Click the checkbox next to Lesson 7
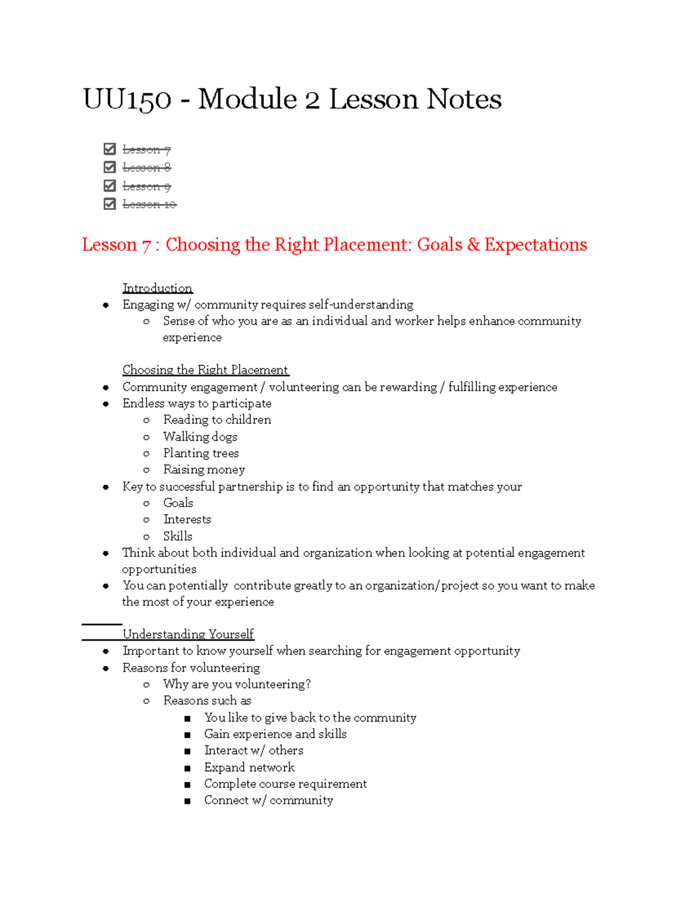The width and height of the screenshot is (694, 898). click(109, 149)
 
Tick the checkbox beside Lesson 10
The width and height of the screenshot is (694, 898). click(109, 204)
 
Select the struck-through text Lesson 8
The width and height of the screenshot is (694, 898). click(146, 168)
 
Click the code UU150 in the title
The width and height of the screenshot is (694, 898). click(127, 99)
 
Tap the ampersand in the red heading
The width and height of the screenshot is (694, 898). click(473, 245)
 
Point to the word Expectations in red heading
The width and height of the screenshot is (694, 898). click(536, 245)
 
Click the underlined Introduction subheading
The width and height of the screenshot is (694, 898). click(157, 288)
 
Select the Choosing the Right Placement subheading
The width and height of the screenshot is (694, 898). click(205, 370)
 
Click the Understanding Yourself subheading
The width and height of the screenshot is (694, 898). click(188, 634)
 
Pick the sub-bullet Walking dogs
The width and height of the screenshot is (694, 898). click(200, 437)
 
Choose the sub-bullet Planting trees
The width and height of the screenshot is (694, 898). click(201, 453)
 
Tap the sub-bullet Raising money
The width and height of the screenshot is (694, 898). click(204, 470)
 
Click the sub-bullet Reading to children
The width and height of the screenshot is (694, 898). click(217, 420)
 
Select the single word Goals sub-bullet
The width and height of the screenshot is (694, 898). click(178, 503)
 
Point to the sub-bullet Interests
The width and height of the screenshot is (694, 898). click(187, 519)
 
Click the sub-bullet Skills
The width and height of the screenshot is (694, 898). click(178, 536)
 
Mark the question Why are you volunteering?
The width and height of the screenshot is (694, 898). click(237, 684)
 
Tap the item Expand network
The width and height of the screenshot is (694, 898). click(249, 767)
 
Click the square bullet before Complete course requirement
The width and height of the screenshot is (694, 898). click(187, 785)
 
